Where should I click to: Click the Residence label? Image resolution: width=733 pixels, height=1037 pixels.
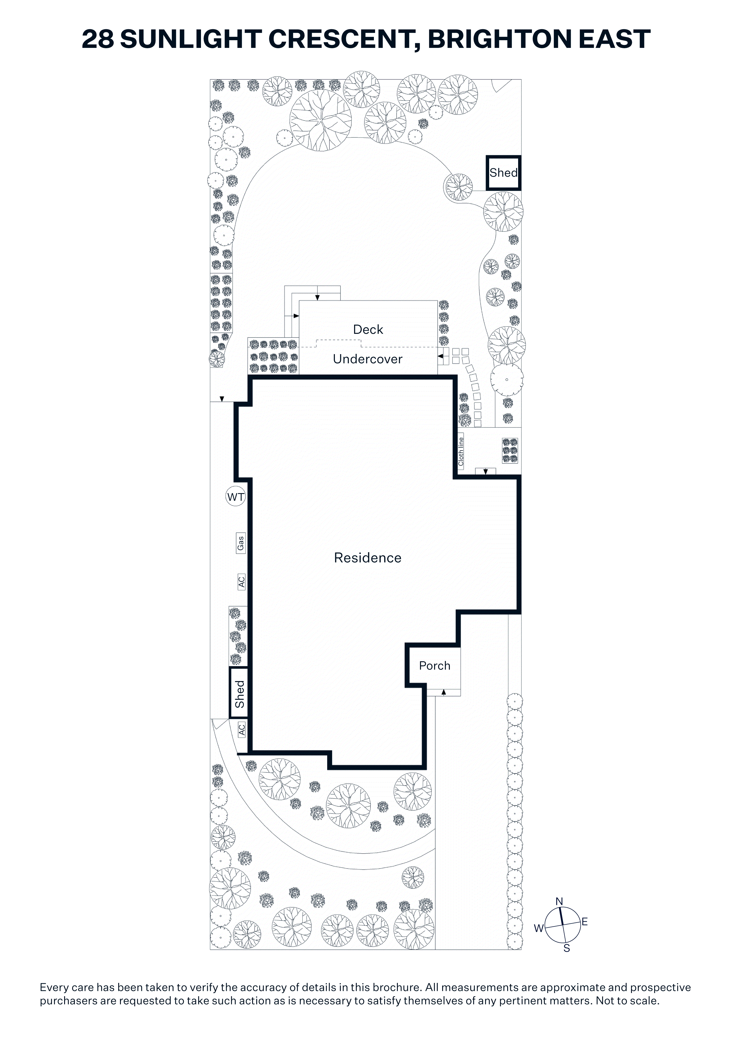click(368, 558)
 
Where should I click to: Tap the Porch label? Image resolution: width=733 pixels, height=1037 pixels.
click(434, 666)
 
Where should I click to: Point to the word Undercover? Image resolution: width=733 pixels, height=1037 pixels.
click(368, 359)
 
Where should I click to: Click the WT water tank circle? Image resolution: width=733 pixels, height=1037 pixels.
click(235, 497)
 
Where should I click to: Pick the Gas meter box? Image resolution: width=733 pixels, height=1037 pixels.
click(241, 542)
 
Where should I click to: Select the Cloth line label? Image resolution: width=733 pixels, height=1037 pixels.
click(461, 452)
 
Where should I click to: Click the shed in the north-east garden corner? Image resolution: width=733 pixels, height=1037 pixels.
click(504, 173)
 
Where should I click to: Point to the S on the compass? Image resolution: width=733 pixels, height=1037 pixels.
click(567, 949)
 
